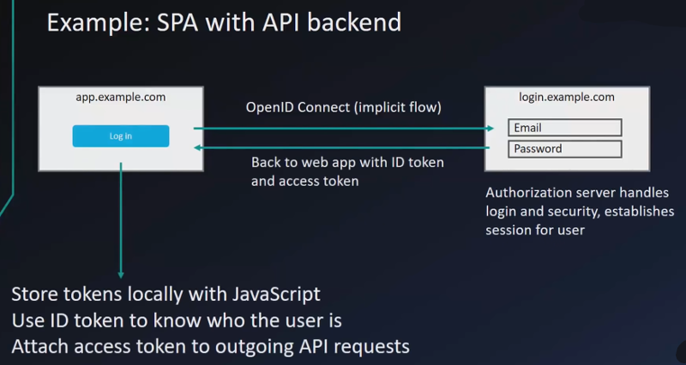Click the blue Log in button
[x=120, y=136]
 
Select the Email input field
[x=564, y=128]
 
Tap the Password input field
[x=564, y=148]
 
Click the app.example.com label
[x=121, y=97]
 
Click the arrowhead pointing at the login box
[x=490, y=129]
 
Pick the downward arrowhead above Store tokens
[x=121, y=275]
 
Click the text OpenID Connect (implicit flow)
[x=343, y=108]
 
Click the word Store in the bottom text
[x=33, y=295]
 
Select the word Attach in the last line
[x=38, y=347]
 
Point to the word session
[x=510, y=230]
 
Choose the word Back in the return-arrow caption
[x=266, y=162]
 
